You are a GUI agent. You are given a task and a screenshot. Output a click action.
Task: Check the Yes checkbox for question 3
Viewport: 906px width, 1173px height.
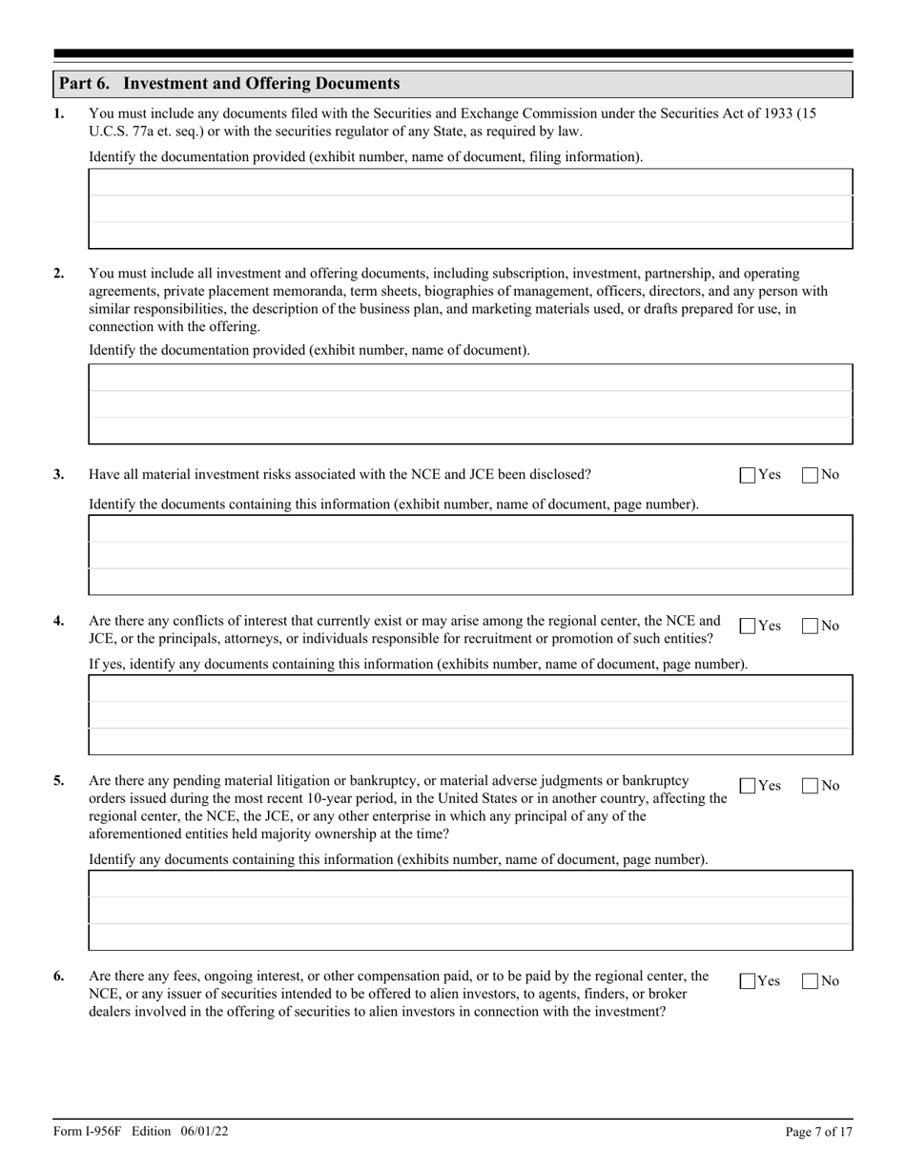click(x=748, y=475)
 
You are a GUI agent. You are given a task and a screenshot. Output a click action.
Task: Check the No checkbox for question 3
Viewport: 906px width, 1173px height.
click(x=810, y=475)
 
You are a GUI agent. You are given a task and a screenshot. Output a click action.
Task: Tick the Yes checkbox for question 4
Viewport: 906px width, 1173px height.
click(x=748, y=627)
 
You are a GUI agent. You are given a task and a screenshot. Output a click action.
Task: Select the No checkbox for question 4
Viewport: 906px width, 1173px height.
click(x=810, y=627)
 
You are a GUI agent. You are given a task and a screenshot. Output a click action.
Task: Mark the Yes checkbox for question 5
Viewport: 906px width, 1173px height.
click(x=748, y=787)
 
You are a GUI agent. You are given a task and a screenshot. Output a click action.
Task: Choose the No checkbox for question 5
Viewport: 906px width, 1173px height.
click(x=810, y=787)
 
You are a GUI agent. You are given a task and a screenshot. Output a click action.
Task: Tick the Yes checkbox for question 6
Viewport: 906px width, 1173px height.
click(x=748, y=981)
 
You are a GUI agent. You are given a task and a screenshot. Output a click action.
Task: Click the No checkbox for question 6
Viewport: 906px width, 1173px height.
click(x=810, y=981)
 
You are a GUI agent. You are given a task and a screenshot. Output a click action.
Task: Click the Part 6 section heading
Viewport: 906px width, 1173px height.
click(x=229, y=84)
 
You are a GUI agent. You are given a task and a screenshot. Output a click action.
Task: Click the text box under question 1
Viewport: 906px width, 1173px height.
click(x=470, y=209)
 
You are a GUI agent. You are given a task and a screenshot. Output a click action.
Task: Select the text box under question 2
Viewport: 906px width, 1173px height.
click(x=470, y=403)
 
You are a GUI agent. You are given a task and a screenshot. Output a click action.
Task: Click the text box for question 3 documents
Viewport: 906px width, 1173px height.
click(x=470, y=555)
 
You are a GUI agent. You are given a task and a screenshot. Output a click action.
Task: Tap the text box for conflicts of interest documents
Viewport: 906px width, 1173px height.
click(x=470, y=714)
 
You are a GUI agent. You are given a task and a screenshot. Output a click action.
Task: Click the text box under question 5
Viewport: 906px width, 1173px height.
click(x=470, y=910)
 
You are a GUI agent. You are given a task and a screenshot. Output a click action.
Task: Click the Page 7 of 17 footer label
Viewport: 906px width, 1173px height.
click(x=817, y=1132)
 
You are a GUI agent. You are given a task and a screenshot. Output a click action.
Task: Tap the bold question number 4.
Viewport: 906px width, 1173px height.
click(x=59, y=621)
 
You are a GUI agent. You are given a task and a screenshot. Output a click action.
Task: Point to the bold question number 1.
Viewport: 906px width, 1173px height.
click(x=59, y=113)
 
